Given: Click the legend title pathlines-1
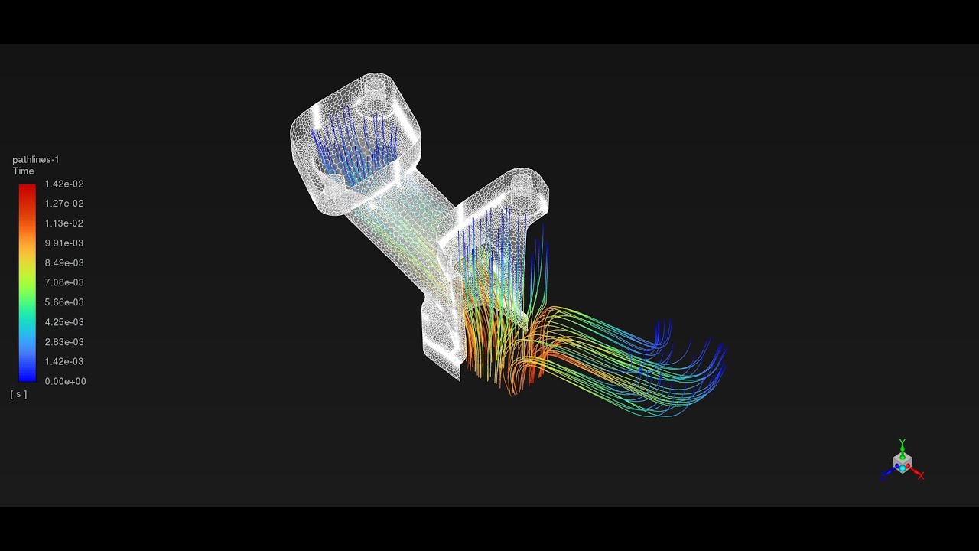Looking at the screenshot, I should click(35, 159).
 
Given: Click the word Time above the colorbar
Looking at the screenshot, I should click(23, 171).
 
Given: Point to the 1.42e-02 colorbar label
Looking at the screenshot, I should click(64, 184).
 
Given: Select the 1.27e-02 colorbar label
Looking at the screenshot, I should click(64, 204).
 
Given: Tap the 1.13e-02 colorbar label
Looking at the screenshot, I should click(64, 223).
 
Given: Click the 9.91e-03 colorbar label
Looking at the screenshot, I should click(64, 243).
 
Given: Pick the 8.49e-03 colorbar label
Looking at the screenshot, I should click(64, 263).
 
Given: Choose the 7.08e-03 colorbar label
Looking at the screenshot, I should click(64, 283).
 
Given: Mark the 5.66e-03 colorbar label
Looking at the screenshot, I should click(64, 302).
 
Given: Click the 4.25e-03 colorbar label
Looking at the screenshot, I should click(64, 322).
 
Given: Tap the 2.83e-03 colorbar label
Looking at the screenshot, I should click(64, 342).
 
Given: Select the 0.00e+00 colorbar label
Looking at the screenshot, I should click(65, 381).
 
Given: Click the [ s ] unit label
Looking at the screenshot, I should click(18, 394).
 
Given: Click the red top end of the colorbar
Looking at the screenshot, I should click(27, 187).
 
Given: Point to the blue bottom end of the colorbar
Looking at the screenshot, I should click(27, 377).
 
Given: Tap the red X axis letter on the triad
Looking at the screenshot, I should click(921, 475).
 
